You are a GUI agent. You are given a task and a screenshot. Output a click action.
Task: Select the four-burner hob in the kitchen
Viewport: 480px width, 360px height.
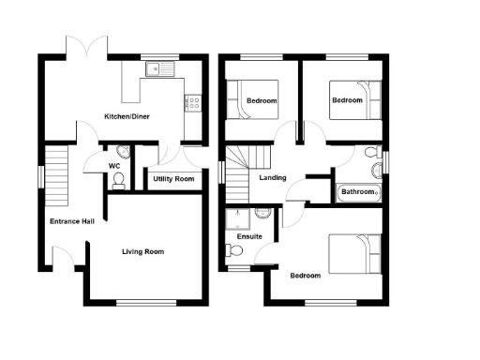tap(196, 100)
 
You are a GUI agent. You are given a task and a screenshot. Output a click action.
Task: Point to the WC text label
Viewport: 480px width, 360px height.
tap(115, 167)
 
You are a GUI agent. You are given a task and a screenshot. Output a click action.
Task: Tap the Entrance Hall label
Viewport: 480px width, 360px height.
tap(68, 222)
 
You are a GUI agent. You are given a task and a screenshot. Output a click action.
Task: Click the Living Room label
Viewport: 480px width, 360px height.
tap(143, 251)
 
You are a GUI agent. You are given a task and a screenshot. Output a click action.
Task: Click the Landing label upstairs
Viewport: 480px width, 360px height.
tap(273, 178)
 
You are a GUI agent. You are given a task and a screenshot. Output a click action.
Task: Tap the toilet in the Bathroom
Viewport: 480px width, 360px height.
tap(371, 153)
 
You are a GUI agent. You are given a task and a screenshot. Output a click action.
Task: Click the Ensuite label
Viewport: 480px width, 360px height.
tap(249, 237)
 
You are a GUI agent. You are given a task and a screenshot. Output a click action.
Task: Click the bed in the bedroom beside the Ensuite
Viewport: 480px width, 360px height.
tap(354, 253)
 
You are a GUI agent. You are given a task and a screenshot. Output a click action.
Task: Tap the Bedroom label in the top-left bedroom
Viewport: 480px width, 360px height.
tap(262, 101)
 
